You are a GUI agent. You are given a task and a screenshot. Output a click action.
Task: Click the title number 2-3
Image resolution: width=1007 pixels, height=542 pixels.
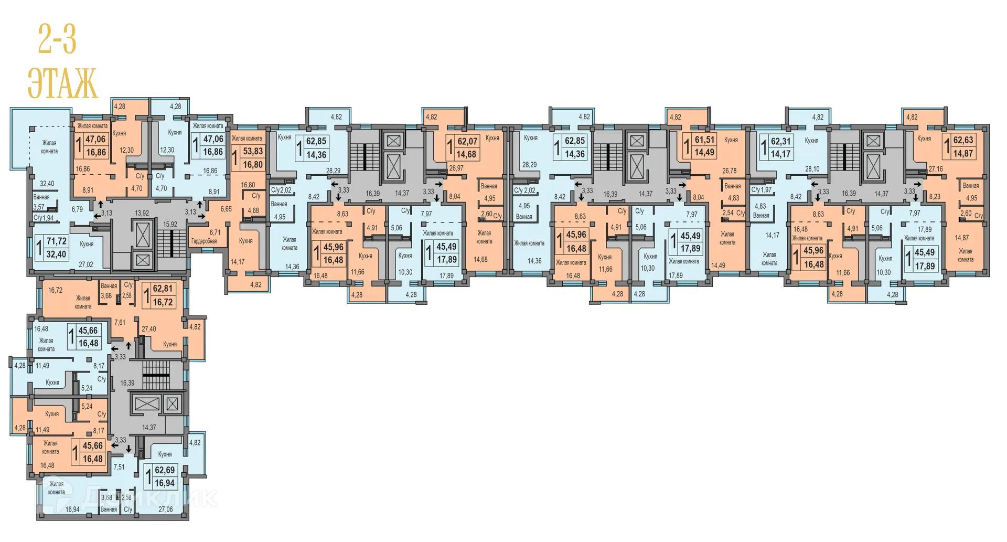click(57, 39)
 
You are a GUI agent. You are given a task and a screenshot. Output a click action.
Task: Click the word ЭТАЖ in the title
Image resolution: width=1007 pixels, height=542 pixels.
click(62, 83)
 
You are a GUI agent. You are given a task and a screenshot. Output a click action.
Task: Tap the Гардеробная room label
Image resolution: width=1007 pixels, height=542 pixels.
click(204, 241)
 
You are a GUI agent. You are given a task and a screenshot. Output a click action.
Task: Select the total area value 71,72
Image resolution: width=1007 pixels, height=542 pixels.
click(57, 241)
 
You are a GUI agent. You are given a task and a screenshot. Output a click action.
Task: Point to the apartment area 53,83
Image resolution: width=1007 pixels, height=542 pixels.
click(253, 151)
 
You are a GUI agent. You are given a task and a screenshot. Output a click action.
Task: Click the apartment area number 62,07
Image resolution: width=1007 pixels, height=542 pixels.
click(467, 141)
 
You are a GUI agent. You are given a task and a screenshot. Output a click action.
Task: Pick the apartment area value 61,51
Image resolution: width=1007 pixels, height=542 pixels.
click(704, 140)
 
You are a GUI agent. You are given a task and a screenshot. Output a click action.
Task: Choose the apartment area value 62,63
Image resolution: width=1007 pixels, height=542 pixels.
click(963, 140)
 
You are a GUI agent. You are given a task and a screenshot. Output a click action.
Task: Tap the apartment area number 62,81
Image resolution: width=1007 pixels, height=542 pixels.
click(163, 289)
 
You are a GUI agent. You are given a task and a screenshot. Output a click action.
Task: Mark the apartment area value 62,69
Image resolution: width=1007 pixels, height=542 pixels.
click(165, 470)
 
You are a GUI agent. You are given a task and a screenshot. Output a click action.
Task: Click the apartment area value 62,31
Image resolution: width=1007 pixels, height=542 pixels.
click(780, 141)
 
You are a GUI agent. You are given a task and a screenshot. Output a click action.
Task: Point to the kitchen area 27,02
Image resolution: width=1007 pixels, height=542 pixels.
click(86, 264)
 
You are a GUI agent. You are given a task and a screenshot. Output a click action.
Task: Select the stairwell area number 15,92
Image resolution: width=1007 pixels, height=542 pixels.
click(170, 225)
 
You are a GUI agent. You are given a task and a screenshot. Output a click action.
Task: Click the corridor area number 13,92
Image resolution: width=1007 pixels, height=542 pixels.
click(142, 213)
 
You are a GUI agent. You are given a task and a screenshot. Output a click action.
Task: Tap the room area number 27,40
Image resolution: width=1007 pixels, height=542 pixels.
click(148, 329)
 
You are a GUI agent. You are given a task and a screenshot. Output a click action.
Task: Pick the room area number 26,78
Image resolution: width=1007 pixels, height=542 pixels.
click(729, 171)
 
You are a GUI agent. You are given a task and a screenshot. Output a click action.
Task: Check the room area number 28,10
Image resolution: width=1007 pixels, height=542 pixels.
click(812, 169)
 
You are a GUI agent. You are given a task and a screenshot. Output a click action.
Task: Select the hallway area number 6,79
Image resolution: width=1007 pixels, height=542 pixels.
click(77, 209)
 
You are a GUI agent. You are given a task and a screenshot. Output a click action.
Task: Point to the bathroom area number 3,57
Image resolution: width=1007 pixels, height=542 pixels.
click(39, 207)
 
